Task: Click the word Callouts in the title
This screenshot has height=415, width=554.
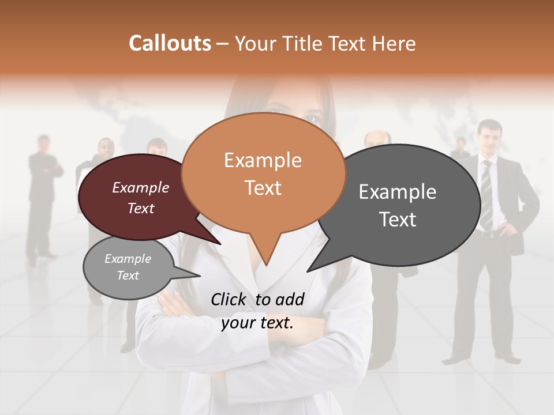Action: click(x=170, y=43)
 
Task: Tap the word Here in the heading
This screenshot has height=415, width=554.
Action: click(x=395, y=43)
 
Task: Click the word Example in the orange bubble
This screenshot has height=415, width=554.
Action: click(x=263, y=160)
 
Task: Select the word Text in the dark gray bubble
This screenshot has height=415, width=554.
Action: click(x=398, y=220)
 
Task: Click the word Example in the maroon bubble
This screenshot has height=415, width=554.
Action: click(x=141, y=187)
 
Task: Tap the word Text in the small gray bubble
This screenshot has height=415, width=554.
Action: click(x=128, y=276)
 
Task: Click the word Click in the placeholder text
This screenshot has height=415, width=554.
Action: click(x=229, y=299)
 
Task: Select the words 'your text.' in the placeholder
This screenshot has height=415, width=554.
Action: click(x=257, y=323)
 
